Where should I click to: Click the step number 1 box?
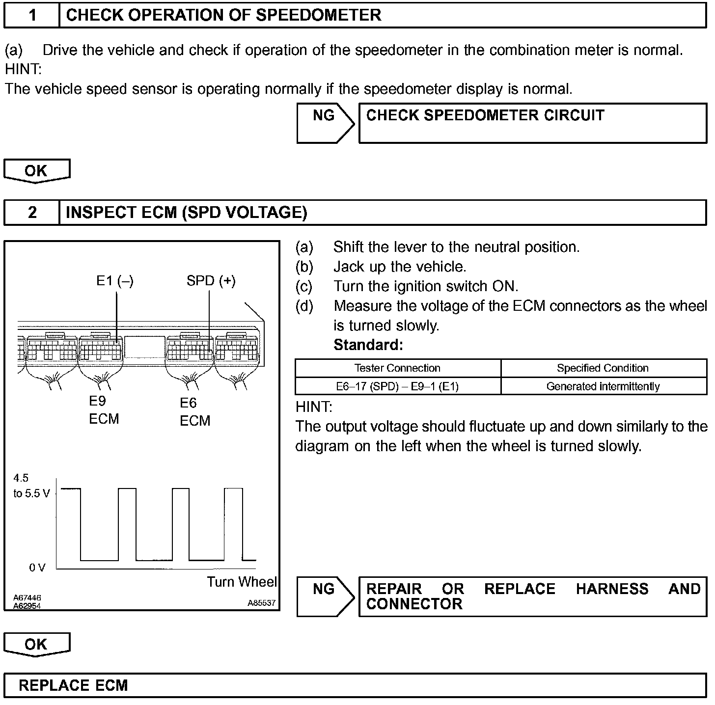coord(32,15)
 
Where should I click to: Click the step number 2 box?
coord(32,212)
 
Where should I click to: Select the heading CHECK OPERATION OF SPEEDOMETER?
coord(223,15)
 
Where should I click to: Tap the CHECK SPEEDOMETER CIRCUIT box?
coord(532,123)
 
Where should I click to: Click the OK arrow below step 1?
coord(36,171)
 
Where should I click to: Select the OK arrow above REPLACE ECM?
coord(36,644)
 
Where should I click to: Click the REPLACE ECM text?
coord(73,685)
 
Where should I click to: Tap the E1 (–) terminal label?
coord(115,281)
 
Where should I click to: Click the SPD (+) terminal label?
coord(211,281)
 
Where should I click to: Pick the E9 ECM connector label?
coord(104,410)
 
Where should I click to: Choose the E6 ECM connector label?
coord(194,412)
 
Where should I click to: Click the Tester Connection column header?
coord(397,368)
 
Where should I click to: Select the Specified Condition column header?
coord(603,368)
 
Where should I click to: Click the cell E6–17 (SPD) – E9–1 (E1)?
coord(397,386)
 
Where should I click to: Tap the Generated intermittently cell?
coord(603,386)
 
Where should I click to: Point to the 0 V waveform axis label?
coord(37,568)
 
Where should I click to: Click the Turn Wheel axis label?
coord(242,582)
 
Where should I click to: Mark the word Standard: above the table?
coord(368,345)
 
